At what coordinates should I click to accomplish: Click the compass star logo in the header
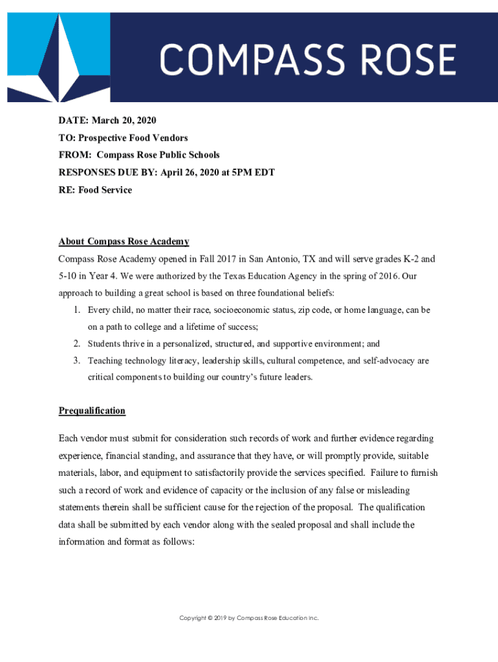point(59,58)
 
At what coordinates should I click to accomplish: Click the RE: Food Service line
point(95,190)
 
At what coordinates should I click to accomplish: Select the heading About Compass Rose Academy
point(124,242)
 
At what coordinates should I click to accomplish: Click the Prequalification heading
point(92,411)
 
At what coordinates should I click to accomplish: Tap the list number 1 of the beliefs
point(76,310)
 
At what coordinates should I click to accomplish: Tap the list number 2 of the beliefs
point(76,344)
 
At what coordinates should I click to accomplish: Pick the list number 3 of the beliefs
point(76,361)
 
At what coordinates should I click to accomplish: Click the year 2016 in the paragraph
point(387,276)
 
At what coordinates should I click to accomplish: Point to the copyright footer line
point(249,619)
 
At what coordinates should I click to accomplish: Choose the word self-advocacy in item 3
point(378,361)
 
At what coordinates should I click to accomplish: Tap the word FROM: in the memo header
point(74,155)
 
